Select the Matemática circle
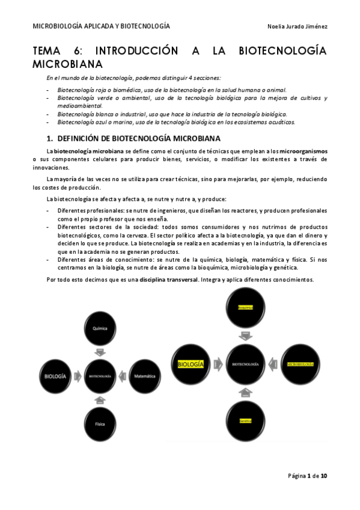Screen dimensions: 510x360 click(x=145, y=376)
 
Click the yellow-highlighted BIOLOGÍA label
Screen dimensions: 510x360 click(x=191, y=364)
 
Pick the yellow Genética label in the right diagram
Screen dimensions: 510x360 click(x=245, y=420)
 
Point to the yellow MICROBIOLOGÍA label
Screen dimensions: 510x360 click(x=301, y=364)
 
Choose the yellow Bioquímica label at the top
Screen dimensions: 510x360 click(x=245, y=307)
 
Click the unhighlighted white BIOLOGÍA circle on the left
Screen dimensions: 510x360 click(x=55, y=376)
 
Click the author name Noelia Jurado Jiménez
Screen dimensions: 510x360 click(x=297, y=27)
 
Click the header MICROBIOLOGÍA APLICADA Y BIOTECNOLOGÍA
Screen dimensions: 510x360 click(x=101, y=27)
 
